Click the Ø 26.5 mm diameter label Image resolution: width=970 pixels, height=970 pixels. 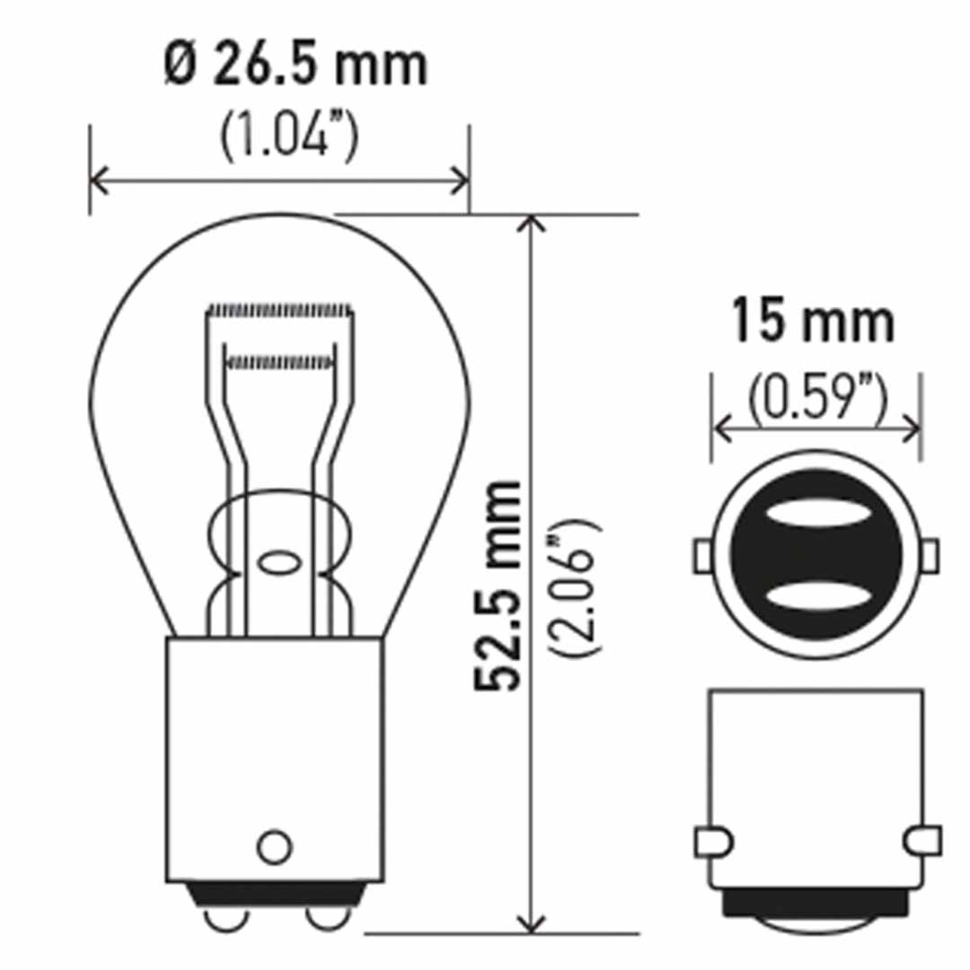295,67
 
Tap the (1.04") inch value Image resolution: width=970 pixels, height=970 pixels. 289,139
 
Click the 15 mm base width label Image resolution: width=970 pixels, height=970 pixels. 814,322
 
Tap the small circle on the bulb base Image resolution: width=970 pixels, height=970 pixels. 275,845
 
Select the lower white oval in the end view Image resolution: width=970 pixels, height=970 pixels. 816,596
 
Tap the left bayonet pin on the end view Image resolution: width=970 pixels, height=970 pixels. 702,555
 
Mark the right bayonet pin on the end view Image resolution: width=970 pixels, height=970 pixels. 929,555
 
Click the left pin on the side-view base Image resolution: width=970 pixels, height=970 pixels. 713,842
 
